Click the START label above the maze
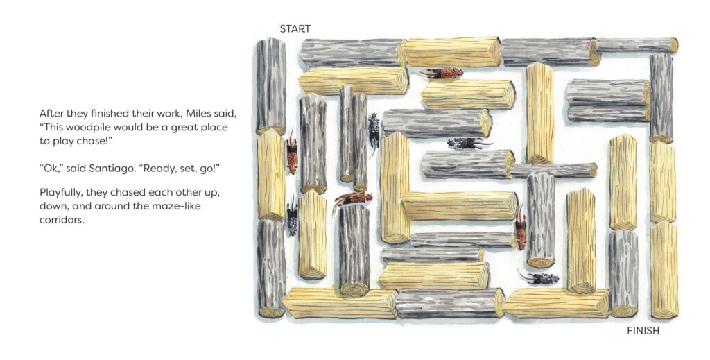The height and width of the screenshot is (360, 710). (295, 29)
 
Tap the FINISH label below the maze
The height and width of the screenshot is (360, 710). (643, 331)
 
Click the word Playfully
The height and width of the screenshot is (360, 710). (63, 191)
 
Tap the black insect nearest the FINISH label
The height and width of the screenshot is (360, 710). (538, 277)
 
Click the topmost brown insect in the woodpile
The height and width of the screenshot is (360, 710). (442, 73)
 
